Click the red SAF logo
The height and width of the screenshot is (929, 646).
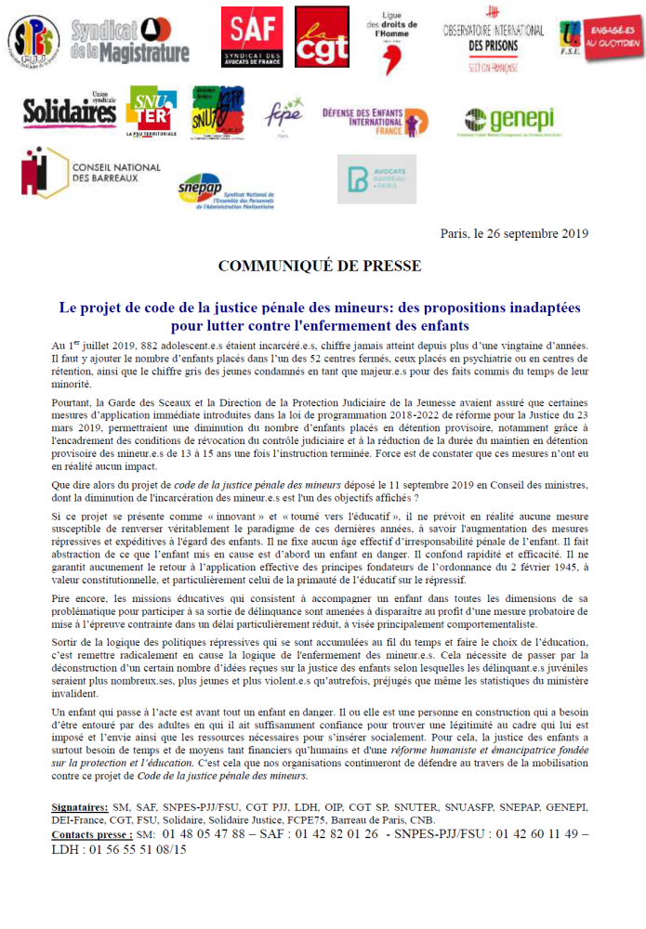coord(251,37)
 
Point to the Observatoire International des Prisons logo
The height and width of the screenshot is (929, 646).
coord(493,39)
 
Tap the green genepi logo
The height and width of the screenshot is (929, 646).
coord(508,121)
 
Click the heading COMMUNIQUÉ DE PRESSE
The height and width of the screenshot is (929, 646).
coord(319,267)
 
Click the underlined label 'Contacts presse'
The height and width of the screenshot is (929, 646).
coord(90,834)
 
